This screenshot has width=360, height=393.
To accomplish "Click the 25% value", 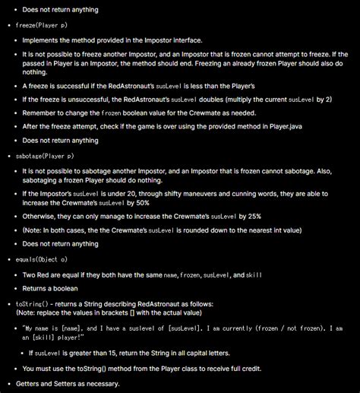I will (x=281, y=217).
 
